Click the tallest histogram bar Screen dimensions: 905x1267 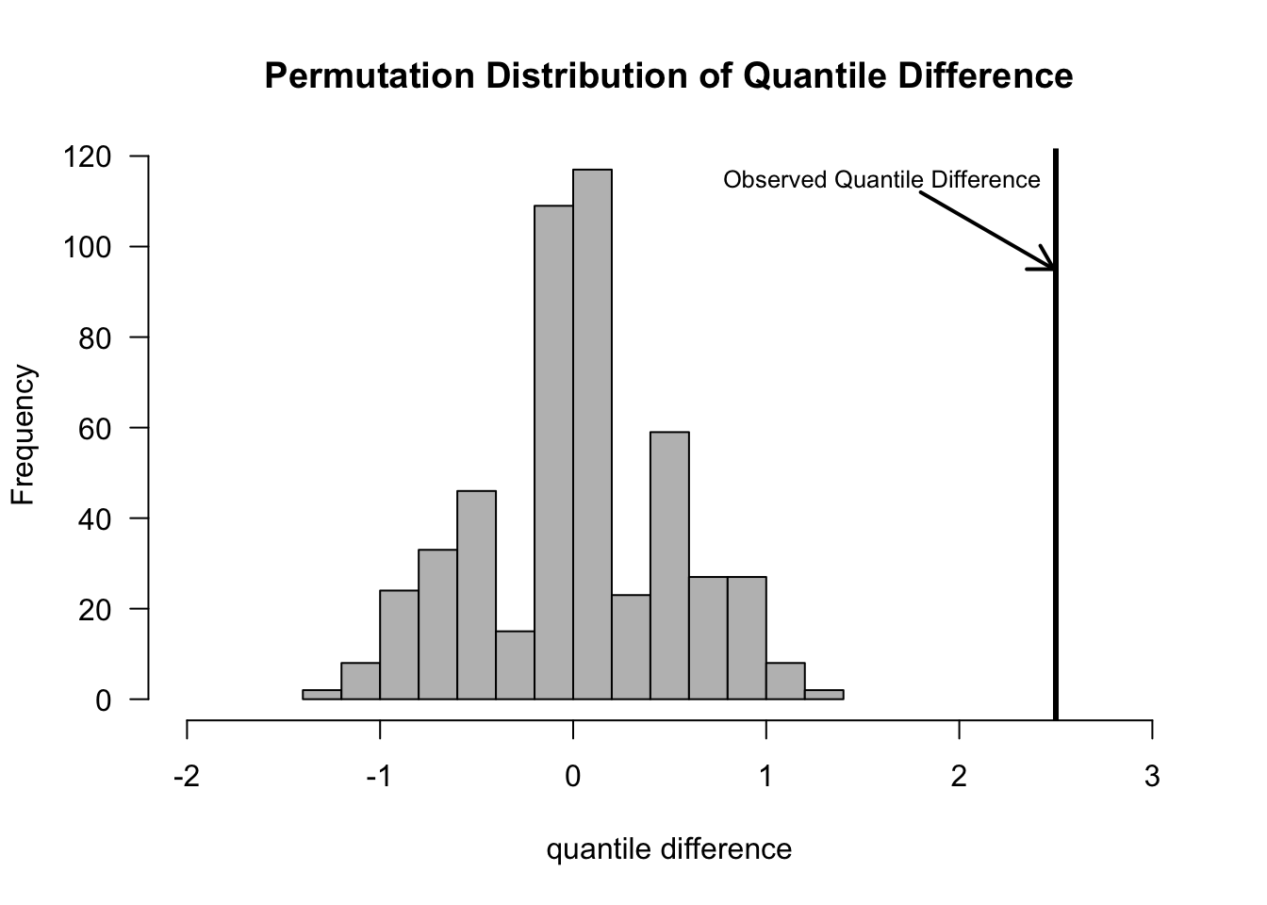pyautogui.click(x=592, y=434)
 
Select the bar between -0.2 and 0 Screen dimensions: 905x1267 pyautogui.click(x=553, y=452)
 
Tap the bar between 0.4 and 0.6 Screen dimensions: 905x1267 pyautogui.click(x=669, y=566)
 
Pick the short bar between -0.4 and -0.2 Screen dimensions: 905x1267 pyautogui.click(x=515, y=666)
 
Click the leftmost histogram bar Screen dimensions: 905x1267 pyautogui.click(x=321, y=695)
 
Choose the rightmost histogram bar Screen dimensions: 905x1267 pyautogui.click(x=824, y=695)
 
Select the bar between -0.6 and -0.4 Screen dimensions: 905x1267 pyautogui.click(x=476, y=595)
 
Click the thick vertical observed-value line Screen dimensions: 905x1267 pyautogui.click(x=1056, y=471)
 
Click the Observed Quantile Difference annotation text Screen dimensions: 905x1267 pyautogui.click(x=881, y=180)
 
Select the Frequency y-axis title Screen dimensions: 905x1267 pyautogui.click(x=23, y=435)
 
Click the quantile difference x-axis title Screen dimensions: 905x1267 pyautogui.click(x=669, y=849)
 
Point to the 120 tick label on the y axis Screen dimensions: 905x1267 pyautogui.click(x=88, y=156)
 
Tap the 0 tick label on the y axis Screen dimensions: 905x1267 pyautogui.click(x=103, y=700)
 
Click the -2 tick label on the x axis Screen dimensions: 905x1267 pyautogui.click(x=187, y=777)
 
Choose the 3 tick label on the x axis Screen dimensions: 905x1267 pyautogui.click(x=1152, y=777)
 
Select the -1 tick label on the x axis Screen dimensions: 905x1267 pyautogui.click(x=379, y=777)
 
